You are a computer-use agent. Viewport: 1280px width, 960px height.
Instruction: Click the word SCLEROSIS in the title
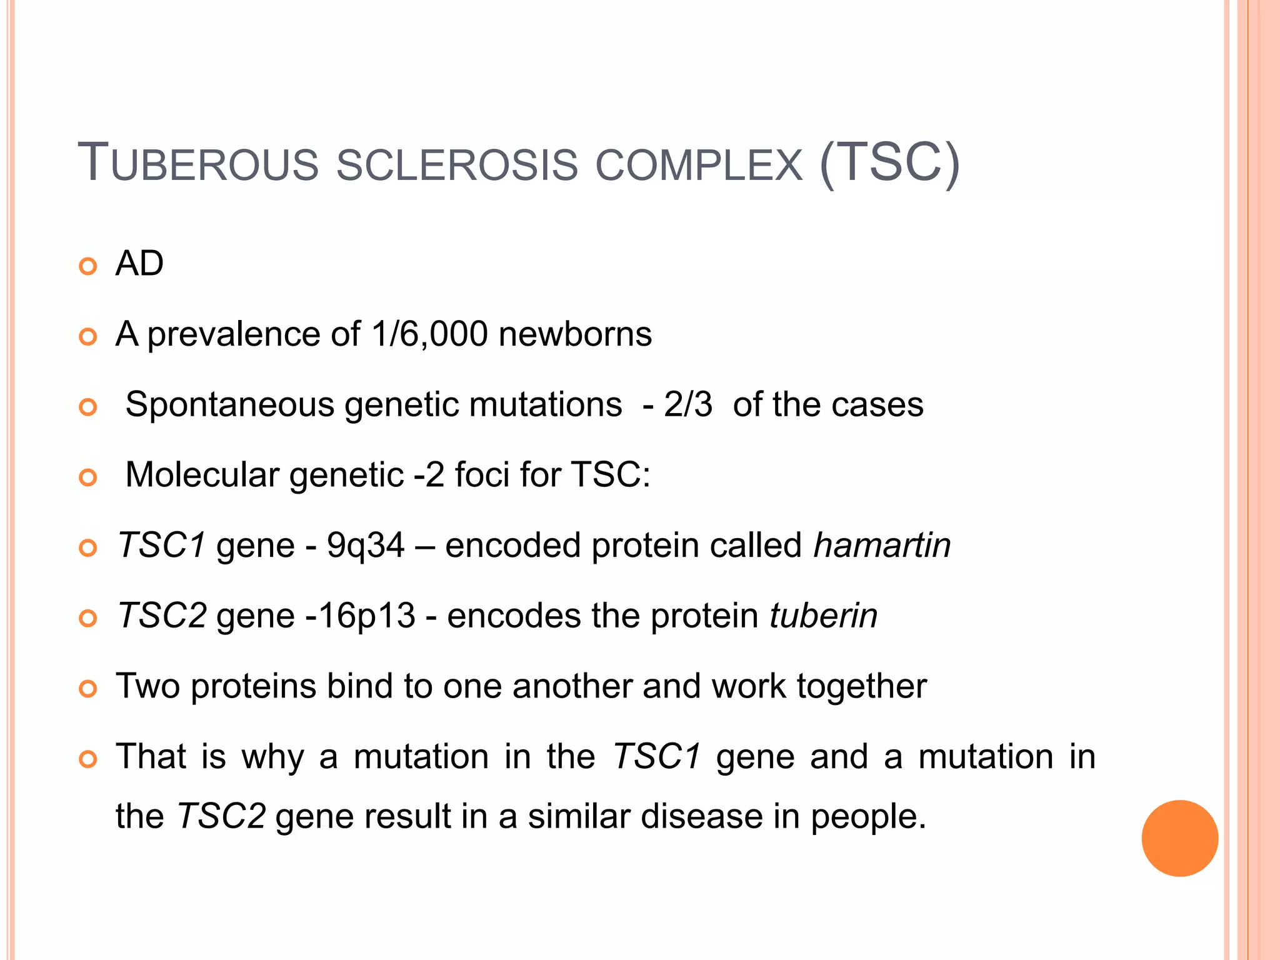coord(457,165)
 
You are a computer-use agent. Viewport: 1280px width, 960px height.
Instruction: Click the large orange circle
coord(1179,838)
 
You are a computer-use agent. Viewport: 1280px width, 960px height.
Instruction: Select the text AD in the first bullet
coord(139,264)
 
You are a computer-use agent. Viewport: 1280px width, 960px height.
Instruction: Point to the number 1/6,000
coord(429,334)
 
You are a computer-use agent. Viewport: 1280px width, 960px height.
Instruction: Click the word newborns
coord(575,334)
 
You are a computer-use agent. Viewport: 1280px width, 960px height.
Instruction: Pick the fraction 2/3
coord(687,404)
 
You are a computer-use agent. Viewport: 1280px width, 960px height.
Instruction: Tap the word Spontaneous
coord(229,404)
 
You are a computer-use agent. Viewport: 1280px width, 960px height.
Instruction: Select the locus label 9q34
coord(366,545)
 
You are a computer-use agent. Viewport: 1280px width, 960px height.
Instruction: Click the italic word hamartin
coord(882,545)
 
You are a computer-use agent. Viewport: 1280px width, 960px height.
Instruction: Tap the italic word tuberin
coord(823,616)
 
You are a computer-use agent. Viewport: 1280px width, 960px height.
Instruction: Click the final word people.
coord(868,817)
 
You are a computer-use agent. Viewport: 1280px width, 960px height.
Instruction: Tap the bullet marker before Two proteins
coord(89,689)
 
